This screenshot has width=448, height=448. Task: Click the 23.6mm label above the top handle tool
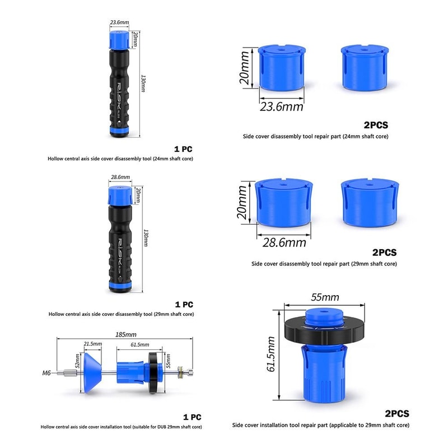119,22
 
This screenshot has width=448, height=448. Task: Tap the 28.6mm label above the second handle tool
120,177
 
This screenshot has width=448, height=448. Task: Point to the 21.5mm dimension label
92,344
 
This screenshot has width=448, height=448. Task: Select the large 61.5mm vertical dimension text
271,354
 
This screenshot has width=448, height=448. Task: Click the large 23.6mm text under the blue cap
281,107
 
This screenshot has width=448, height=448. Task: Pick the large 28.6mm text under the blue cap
284,242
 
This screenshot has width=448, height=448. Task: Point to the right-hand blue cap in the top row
364,68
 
